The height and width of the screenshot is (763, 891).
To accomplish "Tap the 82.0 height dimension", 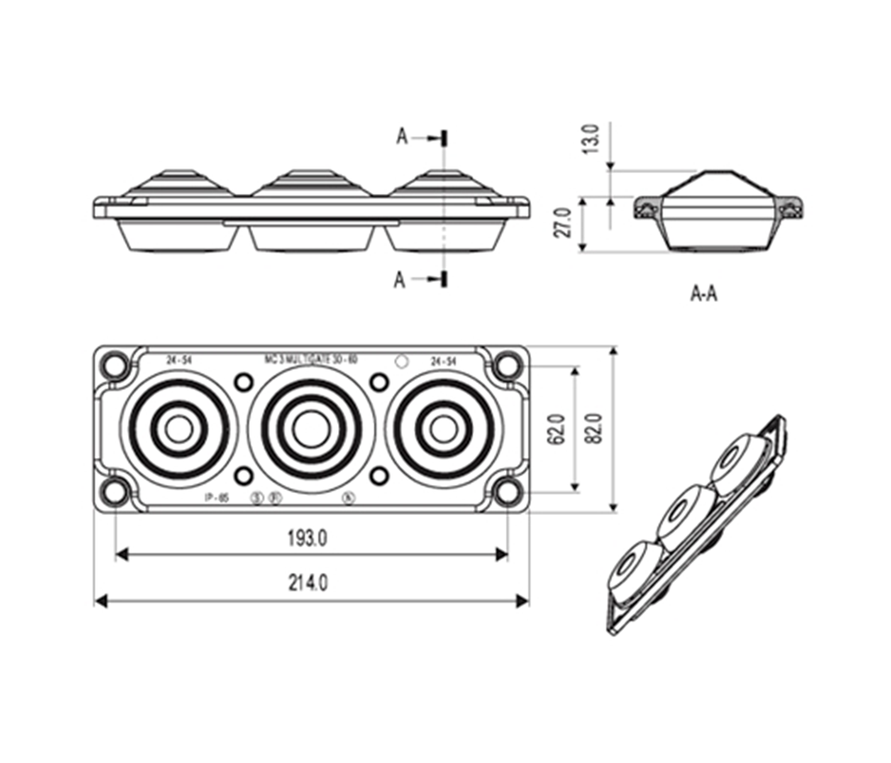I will point(597,429).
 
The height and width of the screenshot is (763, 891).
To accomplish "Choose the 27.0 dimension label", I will point(563,223).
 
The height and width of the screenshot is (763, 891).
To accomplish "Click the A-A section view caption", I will point(703,294).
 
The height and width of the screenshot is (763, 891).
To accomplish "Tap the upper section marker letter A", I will point(403,137).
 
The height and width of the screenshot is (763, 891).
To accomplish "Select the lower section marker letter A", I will point(400,279).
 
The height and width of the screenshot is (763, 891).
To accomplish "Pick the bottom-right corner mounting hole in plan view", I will point(506,492).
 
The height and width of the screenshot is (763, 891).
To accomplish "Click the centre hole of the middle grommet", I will point(308,429).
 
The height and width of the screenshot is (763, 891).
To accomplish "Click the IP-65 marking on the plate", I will point(216,498).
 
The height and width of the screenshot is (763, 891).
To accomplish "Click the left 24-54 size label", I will point(179,361).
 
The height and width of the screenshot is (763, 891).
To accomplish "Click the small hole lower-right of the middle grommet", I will point(379,475).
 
